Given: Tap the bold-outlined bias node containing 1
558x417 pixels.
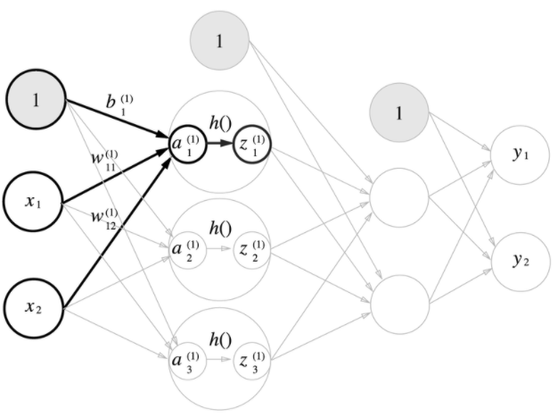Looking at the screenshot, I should pyautogui.click(x=36, y=101).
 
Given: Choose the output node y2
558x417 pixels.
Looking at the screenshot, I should pyautogui.click(x=519, y=262).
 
